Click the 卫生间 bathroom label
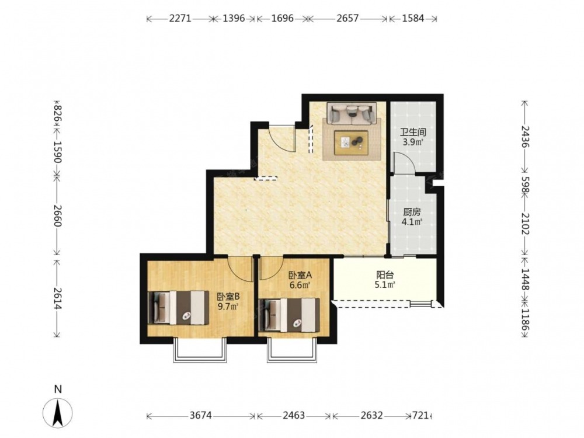pos(413,132)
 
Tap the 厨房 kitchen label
pos(412,213)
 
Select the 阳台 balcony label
pos(385,275)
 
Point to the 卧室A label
pos(300,275)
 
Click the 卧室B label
pos(228,297)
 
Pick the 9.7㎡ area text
pos(228,307)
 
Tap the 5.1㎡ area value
pos(385,286)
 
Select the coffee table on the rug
pos(351,142)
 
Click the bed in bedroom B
pos(178,308)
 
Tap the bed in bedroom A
pos(290,315)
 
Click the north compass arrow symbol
pos(57,413)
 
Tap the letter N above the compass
pos(58,390)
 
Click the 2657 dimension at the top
pos(347,18)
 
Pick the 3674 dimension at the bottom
pos(200,415)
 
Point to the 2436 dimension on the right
pos(524,137)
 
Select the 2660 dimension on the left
pos(57,215)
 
